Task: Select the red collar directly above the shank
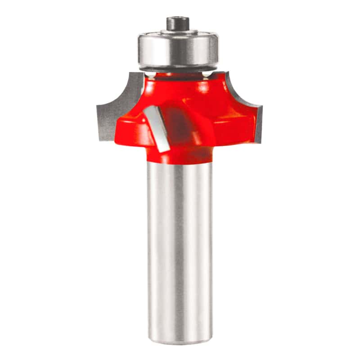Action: tap(180, 155)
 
